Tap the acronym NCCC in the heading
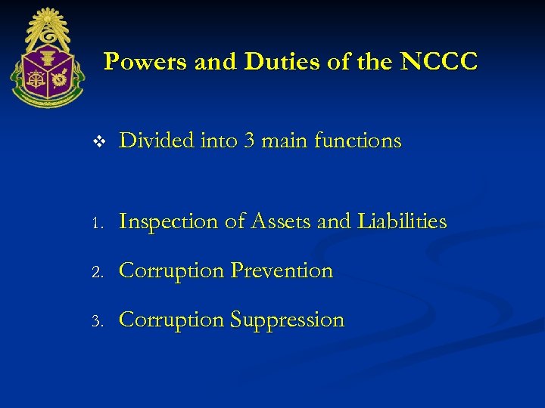pos(439,62)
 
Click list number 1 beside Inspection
pos(97,223)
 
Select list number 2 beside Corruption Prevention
pos(97,272)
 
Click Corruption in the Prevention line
pos(172,271)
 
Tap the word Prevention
pos(282,271)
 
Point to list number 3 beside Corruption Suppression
pos(97,321)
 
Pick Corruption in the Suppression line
pos(172,320)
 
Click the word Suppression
pos(287,320)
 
